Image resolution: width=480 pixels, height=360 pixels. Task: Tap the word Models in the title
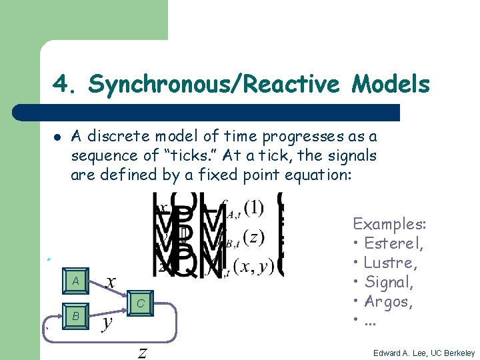[x=391, y=85]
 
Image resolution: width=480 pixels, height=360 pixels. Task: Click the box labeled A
[x=75, y=281]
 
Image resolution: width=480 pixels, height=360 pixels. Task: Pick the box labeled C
[x=140, y=304]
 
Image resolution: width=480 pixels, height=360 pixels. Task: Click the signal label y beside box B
[x=107, y=323]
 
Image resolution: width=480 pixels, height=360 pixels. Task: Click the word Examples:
[x=389, y=223]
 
